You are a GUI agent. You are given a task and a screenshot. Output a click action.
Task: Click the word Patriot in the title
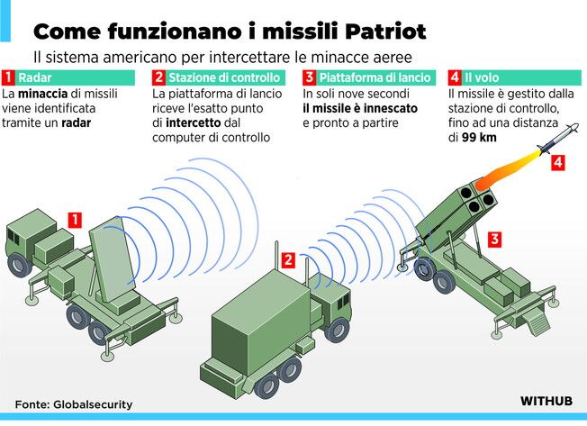pyautogui.click(x=385, y=31)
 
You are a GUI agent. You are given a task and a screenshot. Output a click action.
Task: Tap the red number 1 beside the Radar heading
pyautogui.click(x=8, y=77)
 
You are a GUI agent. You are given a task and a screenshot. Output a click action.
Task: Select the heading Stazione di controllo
pyautogui.click(x=224, y=77)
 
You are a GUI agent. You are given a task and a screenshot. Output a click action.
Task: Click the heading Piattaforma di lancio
pyautogui.click(x=375, y=77)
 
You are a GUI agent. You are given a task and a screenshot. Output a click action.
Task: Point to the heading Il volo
pyautogui.click(x=482, y=77)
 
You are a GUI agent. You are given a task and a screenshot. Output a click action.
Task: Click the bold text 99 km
pyautogui.click(x=479, y=138)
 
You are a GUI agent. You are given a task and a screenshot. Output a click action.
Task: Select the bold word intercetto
pyautogui.click(x=194, y=122)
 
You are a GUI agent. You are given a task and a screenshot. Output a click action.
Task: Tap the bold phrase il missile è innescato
pyautogui.click(x=360, y=108)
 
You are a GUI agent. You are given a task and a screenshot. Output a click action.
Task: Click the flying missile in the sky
pyautogui.click(x=558, y=139)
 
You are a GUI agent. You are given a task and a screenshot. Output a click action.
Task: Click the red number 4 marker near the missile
pyautogui.click(x=558, y=162)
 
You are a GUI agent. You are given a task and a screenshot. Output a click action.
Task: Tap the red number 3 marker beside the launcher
pyautogui.click(x=495, y=239)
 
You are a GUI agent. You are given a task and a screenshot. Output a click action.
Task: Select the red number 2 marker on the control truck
pyautogui.click(x=288, y=259)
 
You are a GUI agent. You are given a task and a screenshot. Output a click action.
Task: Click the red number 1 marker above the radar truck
pyautogui.click(x=75, y=220)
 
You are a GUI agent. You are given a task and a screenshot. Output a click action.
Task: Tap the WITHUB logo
pyautogui.click(x=546, y=401)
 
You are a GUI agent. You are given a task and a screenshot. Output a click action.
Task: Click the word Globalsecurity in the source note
pyautogui.click(x=93, y=404)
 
